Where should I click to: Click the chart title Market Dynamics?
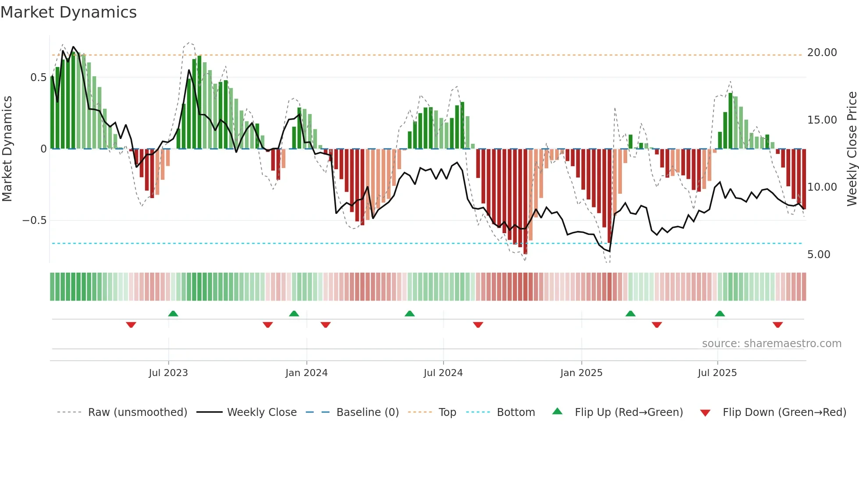tap(69, 12)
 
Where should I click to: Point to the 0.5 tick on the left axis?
tap(38, 78)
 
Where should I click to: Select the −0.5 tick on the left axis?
tap(34, 220)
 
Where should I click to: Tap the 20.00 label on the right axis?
tap(822, 53)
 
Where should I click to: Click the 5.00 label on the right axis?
tap(818, 255)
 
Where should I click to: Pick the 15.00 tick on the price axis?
tap(822, 120)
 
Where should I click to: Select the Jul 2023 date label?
tap(168, 373)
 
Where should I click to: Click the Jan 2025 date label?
tap(581, 373)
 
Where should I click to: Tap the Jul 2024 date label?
tap(443, 373)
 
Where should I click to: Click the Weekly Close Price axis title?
tap(852, 149)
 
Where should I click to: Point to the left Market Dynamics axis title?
tap(7, 149)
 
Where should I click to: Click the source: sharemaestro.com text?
tap(771, 344)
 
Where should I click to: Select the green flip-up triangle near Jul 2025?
tap(720, 314)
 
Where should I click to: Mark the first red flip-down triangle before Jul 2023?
tap(131, 325)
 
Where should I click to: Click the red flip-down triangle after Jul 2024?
tap(478, 325)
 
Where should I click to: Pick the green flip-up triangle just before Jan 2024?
tap(294, 314)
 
